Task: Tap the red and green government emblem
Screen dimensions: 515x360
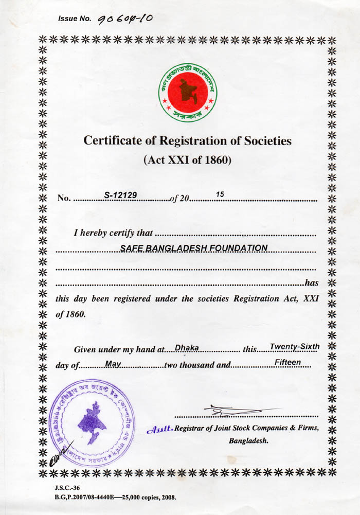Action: click(188, 93)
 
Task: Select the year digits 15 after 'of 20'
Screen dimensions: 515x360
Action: click(220, 194)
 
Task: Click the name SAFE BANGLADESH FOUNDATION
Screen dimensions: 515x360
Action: click(194, 248)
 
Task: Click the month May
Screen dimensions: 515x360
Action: click(113, 364)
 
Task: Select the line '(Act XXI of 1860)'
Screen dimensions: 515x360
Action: click(188, 159)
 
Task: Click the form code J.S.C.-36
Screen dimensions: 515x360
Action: click(67, 487)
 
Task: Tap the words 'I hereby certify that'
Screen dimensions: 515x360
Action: click(113, 233)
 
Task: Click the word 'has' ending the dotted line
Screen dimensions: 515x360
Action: click(312, 282)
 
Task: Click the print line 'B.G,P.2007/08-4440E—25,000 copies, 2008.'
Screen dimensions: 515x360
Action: click(115, 498)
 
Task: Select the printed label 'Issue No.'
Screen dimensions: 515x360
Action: click(75, 19)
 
